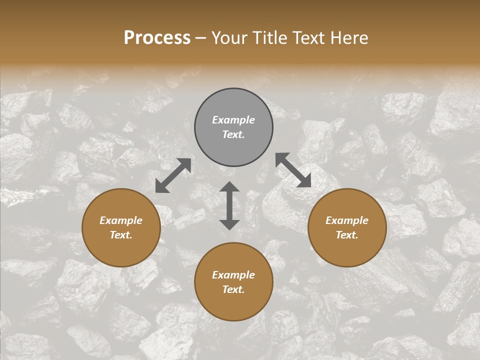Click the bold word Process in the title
[157, 38]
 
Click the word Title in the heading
[270, 38]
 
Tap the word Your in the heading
[230, 38]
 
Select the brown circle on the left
[121, 250]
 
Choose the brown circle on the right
[347, 250]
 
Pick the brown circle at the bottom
[233, 305]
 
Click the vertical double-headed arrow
[229, 205]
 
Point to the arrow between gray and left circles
[173, 175]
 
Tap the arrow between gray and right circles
[293, 170]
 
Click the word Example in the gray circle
[233, 120]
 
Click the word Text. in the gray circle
[233, 134]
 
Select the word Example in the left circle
[121, 220]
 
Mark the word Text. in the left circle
[121, 235]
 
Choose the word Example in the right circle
[347, 220]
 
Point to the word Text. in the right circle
[347, 235]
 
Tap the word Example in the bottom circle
[233, 275]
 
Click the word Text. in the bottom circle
[233, 289]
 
